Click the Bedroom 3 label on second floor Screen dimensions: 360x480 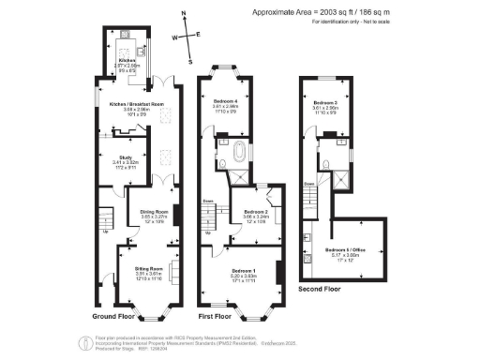click(325, 102)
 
